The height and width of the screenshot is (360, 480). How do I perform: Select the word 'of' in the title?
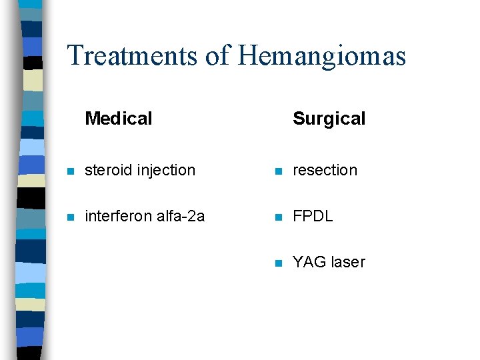point(217,55)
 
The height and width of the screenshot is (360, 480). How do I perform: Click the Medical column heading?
point(119,119)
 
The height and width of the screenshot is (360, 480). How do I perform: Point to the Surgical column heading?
point(329,119)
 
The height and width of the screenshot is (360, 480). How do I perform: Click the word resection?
point(325,170)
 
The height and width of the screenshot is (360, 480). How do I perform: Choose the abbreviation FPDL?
point(313,216)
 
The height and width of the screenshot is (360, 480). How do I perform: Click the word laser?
point(348,262)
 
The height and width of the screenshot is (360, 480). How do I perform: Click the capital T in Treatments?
point(75,55)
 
